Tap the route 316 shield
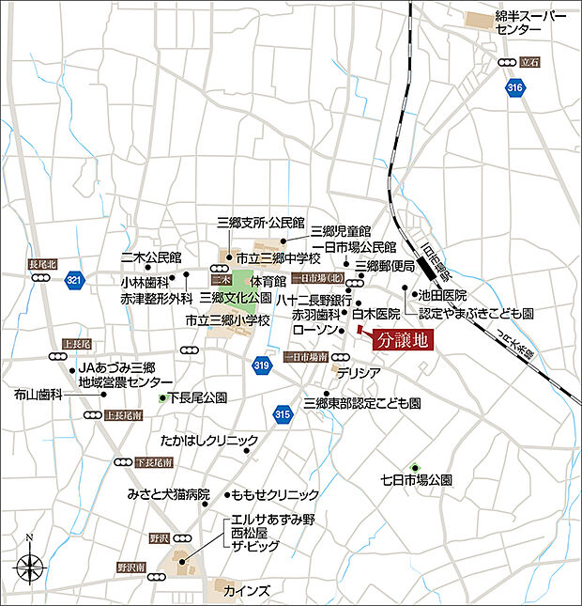point(513,87)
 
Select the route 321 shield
point(75,280)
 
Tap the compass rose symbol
point(30,567)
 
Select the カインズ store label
point(248,591)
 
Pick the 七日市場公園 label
point(416,479)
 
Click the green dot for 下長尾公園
point(162,398)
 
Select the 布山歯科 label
point(38,396)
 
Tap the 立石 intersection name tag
point(530,60)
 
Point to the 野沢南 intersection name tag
point(130,568)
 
